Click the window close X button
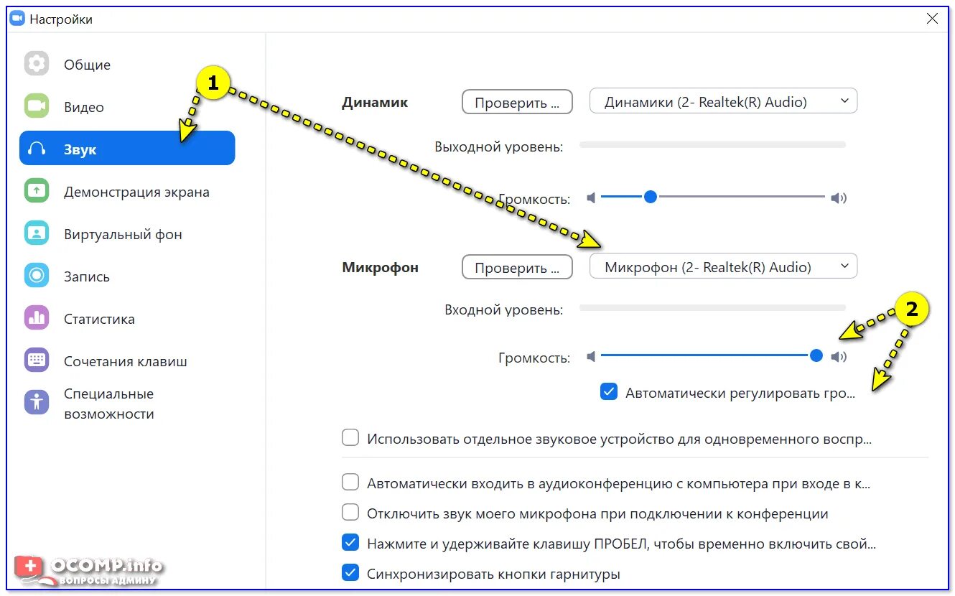[932, 19]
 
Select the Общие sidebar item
[87, 65]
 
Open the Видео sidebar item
[83, 107]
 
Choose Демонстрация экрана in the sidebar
[136, 192]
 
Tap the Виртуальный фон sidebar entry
[123, 234]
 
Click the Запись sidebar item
[86, 276]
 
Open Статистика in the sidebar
[99, 319]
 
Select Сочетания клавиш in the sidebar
[125, 361]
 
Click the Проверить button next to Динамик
[516, 102]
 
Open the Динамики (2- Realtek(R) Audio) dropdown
[723, 101]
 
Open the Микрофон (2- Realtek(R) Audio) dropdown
[723, 266]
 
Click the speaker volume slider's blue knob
[651, 197]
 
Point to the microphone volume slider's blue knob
[816, 355]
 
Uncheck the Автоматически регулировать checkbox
[609, 392]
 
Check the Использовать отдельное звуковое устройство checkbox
[350, 438]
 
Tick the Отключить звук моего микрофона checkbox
[350, 513]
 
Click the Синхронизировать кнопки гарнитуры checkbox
[350, 573]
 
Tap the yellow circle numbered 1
[212, 83]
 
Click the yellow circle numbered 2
[911, 309]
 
